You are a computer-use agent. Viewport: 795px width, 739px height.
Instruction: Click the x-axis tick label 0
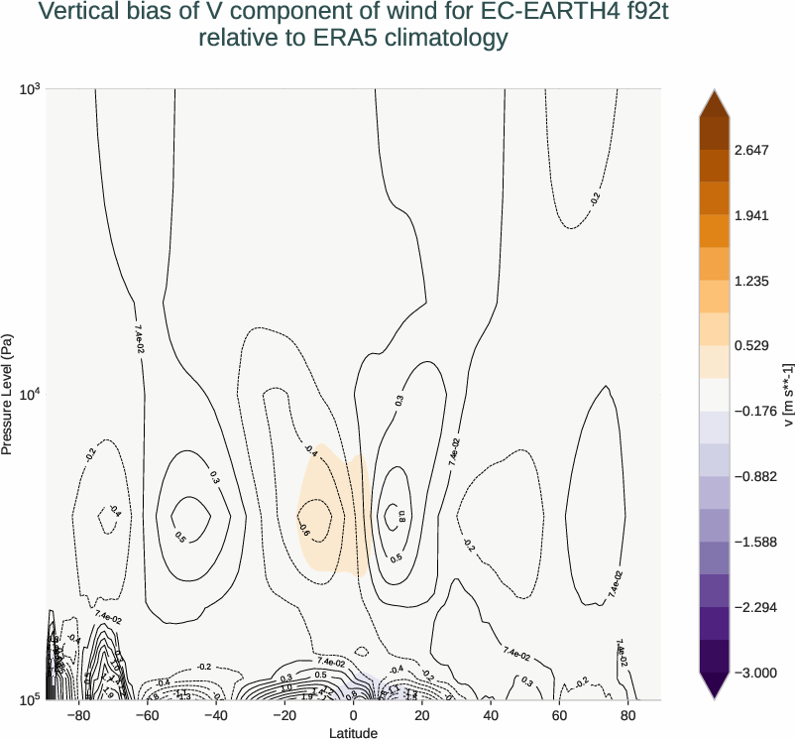(354, 715)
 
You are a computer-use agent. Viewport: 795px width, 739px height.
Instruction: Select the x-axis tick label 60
(559, 715)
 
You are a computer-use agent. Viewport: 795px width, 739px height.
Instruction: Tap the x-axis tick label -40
(216, 715)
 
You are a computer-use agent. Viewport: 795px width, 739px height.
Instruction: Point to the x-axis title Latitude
(354, 732)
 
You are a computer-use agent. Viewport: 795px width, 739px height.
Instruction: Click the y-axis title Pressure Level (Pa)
(8, 394)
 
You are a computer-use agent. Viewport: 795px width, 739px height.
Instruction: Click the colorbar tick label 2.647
(752, 150)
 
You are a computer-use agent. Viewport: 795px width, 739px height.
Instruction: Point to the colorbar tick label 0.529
(752, 346)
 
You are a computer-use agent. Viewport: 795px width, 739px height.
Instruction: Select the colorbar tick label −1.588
(756, 542)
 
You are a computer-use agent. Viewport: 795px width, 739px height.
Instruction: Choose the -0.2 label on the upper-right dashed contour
(594, 197)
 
